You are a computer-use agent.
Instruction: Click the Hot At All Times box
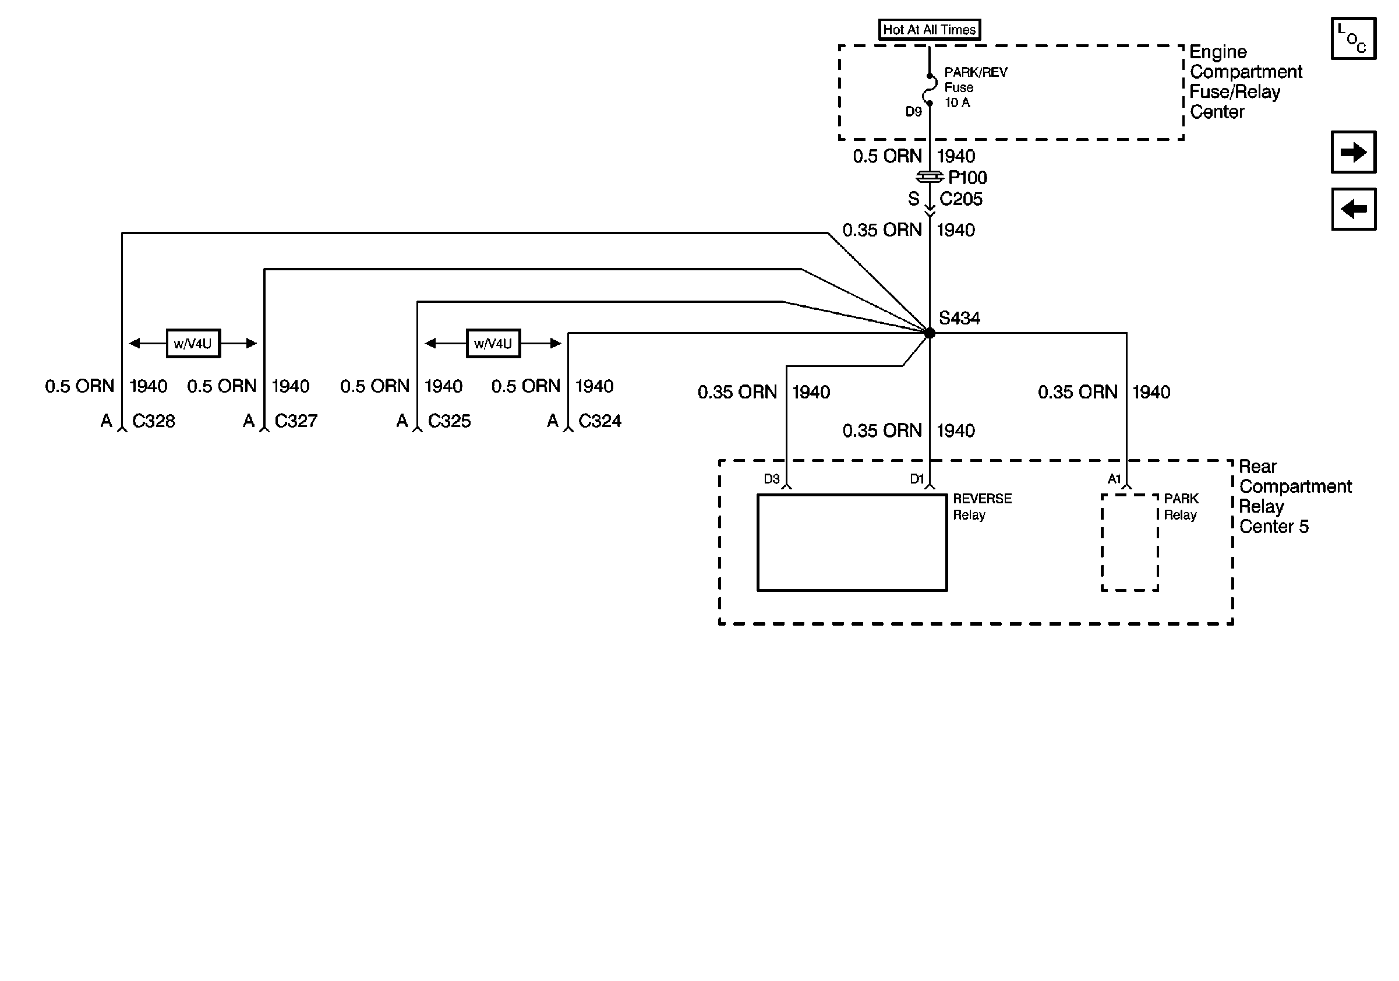929,29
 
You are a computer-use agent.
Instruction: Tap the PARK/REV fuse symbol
930,90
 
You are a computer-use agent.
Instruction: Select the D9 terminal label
913,111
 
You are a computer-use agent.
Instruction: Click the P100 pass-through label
967,177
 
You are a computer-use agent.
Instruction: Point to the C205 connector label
961,199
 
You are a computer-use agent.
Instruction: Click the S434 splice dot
930,333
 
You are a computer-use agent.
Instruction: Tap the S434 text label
959,317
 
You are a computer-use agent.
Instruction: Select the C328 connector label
154,421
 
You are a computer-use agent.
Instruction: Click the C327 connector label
296,421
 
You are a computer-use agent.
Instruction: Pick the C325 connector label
449,421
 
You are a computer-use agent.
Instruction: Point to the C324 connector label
599,421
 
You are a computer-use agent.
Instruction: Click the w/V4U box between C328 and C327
193,343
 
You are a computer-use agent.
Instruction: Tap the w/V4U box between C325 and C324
493,343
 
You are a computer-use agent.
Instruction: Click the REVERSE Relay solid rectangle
852,542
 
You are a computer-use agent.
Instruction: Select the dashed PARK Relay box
1130,542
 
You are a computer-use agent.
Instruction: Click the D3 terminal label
771,479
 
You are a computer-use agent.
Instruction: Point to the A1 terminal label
1114,479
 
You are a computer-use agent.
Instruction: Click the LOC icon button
1354,38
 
